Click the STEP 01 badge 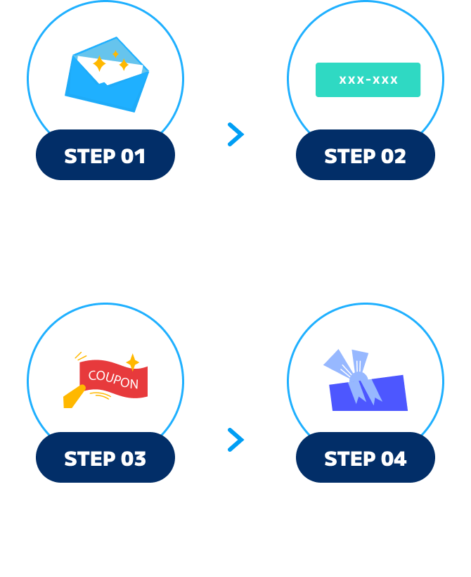[x=105, y=156]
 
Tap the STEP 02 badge [x=365, y=156]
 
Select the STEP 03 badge [x=105, y=459]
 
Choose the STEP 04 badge [x=365, y=459]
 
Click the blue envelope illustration [x=107, y=74]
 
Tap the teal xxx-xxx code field [x=368, y=80]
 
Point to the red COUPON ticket [x=114, y=381]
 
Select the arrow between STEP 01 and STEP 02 [x=235, y=134]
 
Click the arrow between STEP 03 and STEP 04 [x=235, y=440]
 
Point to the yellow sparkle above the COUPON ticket [x=131, y=362]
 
